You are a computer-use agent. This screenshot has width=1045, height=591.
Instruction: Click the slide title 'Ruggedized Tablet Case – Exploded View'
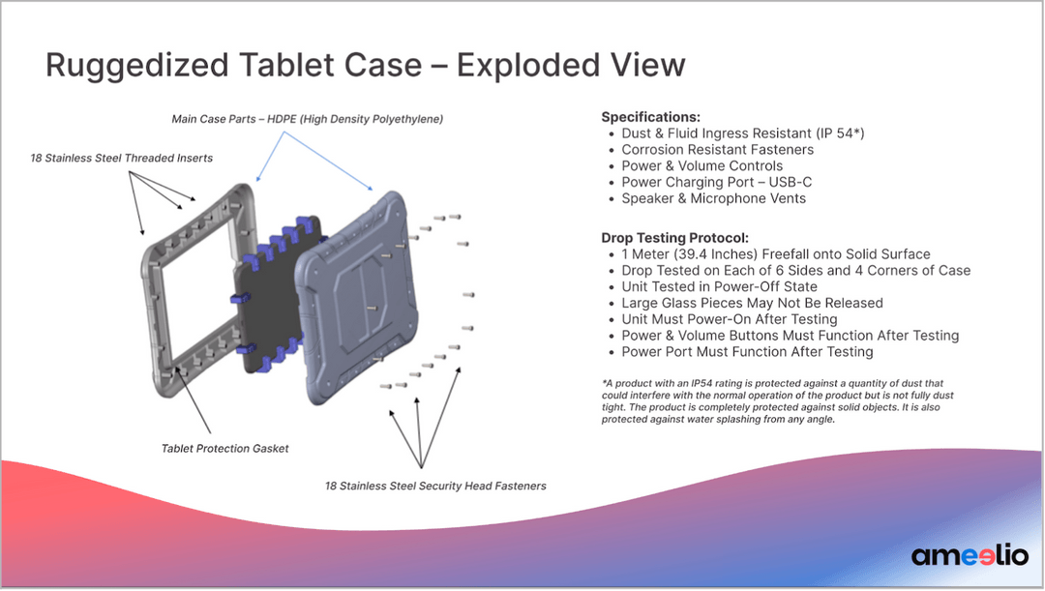pyautogui.click(x=365, y=65)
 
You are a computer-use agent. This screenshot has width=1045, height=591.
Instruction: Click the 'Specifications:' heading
pyautogui.click(x=650, y=117)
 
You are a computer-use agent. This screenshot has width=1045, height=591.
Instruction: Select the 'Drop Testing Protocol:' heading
pyautogui.click(x=674, y=238)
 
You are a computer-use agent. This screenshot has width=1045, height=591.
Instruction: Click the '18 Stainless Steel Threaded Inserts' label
pyautogui.click(x=121, y=158)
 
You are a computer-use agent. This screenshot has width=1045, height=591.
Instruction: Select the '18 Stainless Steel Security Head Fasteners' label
pyautogui.click(x=435, y=486)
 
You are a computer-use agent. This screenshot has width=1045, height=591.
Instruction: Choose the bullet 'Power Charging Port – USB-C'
pyautogui.click(x=712, y=182)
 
